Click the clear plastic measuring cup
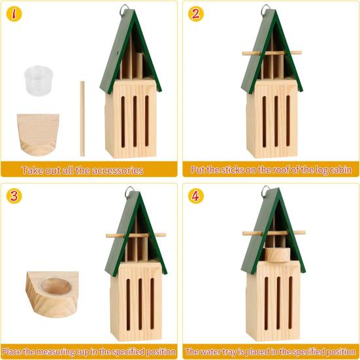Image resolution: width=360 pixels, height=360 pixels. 37,81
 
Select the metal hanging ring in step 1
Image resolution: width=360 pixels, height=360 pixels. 124,10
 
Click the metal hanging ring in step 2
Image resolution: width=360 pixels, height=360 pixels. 266,10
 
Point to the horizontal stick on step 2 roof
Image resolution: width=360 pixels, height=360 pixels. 272,53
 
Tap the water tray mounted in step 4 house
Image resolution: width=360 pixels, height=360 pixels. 276,254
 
